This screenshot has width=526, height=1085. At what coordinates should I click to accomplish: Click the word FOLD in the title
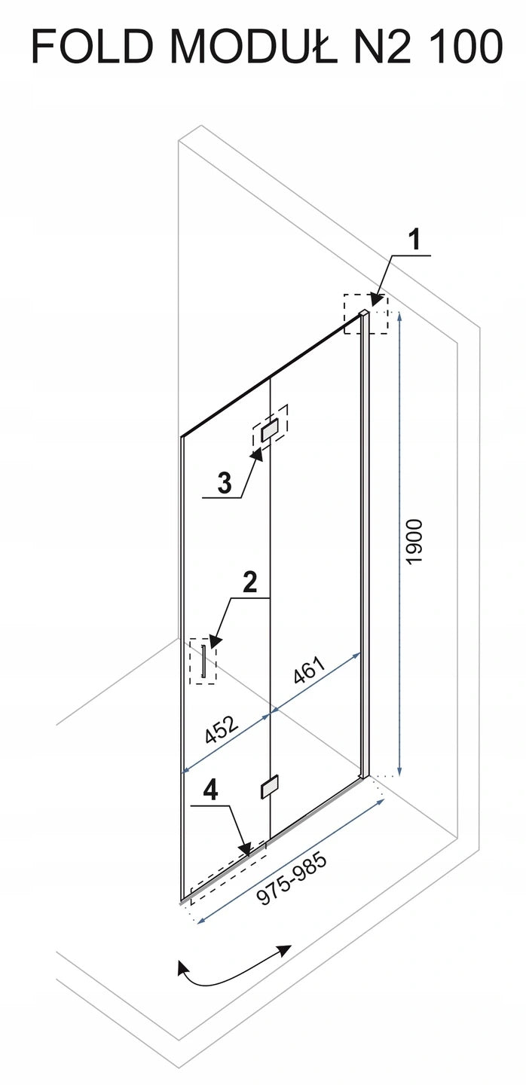[92, 47]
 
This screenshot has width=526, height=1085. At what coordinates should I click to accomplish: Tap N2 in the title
[381, 47]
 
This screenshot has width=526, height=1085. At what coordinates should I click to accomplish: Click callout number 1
[414, 241]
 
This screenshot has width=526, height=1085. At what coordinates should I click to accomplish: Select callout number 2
[249, 582]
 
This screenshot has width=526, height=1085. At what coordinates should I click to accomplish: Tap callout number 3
[225, 483]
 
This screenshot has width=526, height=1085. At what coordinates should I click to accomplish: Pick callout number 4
[211, 791]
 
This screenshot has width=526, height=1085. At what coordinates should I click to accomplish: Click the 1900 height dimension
[415, 542]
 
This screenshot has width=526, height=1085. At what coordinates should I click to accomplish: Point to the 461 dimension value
[308, 671]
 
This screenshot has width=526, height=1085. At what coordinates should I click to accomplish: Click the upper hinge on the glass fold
[270, 429]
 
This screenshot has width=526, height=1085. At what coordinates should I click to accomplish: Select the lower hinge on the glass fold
[269, 787]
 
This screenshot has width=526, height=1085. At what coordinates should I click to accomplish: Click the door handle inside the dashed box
[203, 662]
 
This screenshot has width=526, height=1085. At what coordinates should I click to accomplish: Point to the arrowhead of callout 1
[376, 300]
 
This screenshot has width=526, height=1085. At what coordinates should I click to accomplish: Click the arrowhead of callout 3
[255, 454]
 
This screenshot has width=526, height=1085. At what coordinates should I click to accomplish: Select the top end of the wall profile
[365, 314]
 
